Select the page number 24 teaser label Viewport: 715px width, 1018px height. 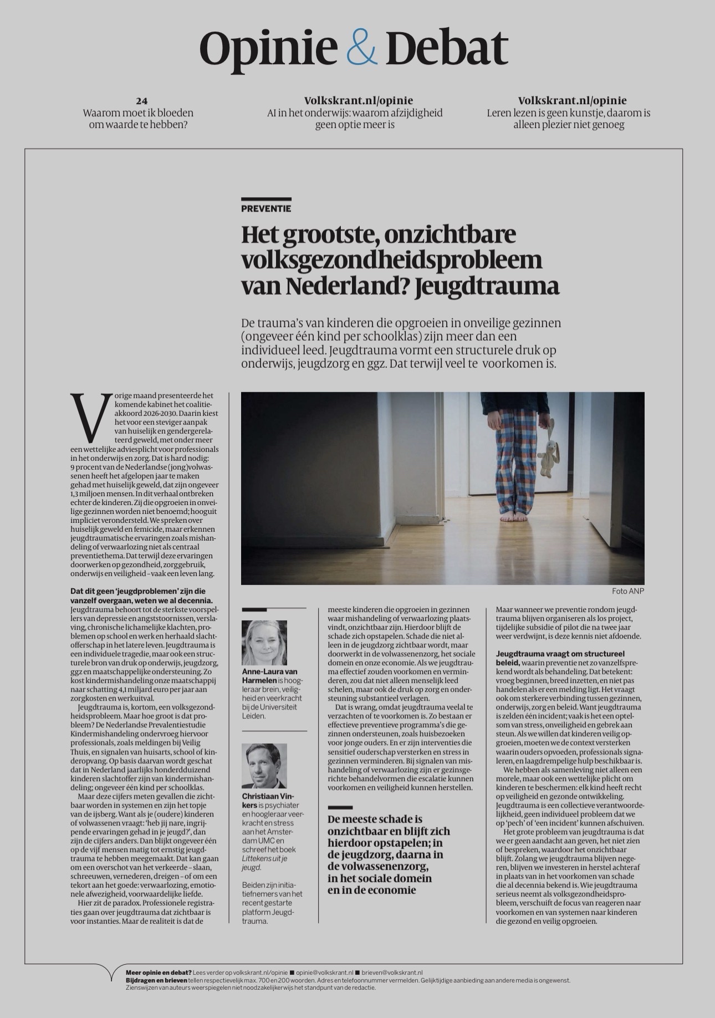pos(142,101)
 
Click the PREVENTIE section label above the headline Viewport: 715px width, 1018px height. pos(266,209)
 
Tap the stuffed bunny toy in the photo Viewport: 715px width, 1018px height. pos(549,452)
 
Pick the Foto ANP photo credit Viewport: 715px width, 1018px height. pos(628,590)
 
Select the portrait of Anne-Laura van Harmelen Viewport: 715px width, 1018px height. pos(264,642)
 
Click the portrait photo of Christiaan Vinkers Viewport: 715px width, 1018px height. pos(264,765)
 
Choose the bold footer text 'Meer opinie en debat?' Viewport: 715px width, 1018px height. pos(159,972)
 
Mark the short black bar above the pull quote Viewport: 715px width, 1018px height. pos(340,808)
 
